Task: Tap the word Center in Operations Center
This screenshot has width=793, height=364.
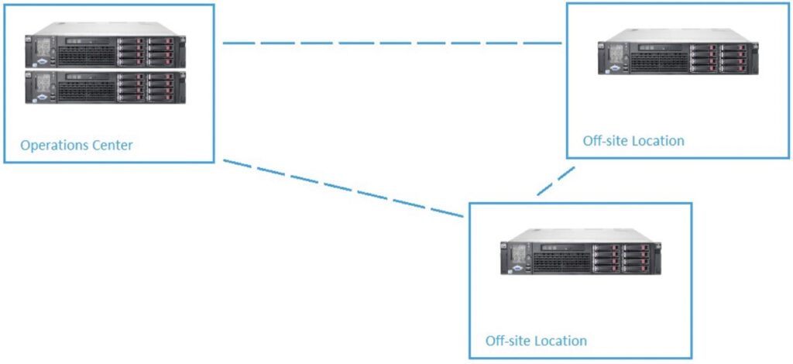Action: pos(109,145)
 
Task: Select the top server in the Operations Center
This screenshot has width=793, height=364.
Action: pos(106,50)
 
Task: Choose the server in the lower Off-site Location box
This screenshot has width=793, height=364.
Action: pos(580,253)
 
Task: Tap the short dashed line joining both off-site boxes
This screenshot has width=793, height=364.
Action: pos(555,182)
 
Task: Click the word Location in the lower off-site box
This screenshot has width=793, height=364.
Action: pos(561,341)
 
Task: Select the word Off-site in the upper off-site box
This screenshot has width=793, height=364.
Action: pos(606,141)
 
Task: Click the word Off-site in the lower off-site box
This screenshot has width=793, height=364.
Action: pos(509,341)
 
